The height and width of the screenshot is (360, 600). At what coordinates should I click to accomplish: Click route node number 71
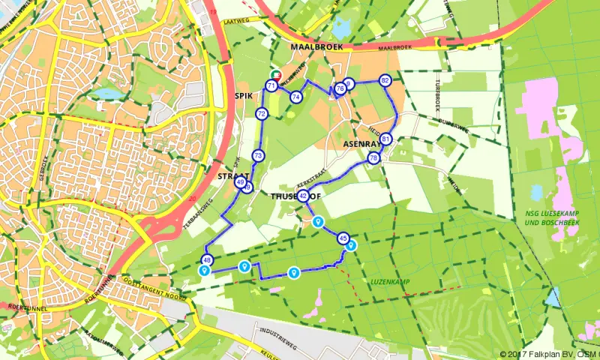point(271,85)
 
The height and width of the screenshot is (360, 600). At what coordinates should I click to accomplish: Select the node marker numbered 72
point(261,114)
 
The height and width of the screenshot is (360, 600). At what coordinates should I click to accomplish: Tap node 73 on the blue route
point(258,156)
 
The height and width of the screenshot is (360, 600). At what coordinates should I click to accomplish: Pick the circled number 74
point(296,97)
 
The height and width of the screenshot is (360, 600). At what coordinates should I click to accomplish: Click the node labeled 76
point(340,88)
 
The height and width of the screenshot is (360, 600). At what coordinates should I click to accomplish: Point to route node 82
point(385,80)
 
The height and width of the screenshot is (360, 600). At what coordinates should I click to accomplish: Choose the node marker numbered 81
point(385,139)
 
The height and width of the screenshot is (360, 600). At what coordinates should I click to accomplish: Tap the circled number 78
point(373,158)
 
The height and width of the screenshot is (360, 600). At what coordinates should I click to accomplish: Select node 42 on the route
point(303,196)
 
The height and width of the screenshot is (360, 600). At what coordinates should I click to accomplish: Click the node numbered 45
point(343,238)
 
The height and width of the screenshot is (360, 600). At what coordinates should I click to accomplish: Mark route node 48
point(207,260)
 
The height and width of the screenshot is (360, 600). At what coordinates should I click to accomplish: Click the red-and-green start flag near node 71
point(276,75)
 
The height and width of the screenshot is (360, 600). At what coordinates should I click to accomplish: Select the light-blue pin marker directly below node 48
point(204,271)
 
